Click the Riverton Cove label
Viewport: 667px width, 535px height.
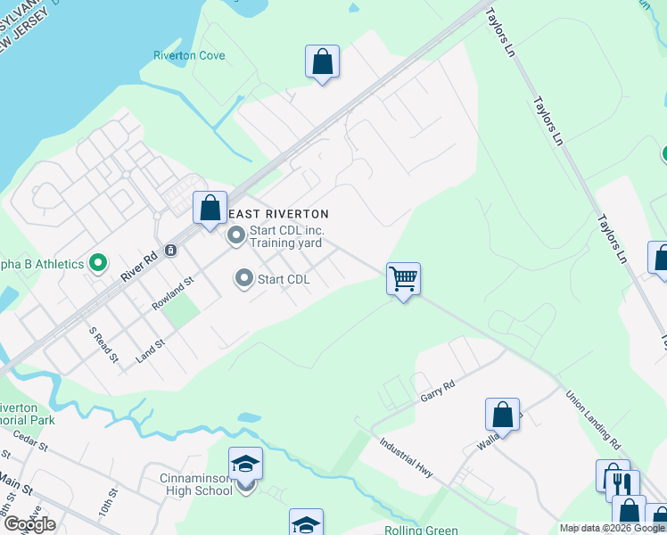189,55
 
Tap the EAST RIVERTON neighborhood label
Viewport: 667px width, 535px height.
279,214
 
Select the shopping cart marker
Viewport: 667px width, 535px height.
403,279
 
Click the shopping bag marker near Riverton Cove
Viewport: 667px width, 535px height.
322,62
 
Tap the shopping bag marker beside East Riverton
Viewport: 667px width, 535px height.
210,209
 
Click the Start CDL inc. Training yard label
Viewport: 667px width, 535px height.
284,235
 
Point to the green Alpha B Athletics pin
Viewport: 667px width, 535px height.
99,264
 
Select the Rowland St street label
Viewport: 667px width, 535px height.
172,292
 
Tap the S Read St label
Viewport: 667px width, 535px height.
103,345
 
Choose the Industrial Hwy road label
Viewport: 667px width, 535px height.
406,457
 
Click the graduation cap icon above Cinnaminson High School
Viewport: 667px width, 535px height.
245,465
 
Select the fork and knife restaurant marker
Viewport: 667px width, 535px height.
622,486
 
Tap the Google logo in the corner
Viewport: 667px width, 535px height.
29,524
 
